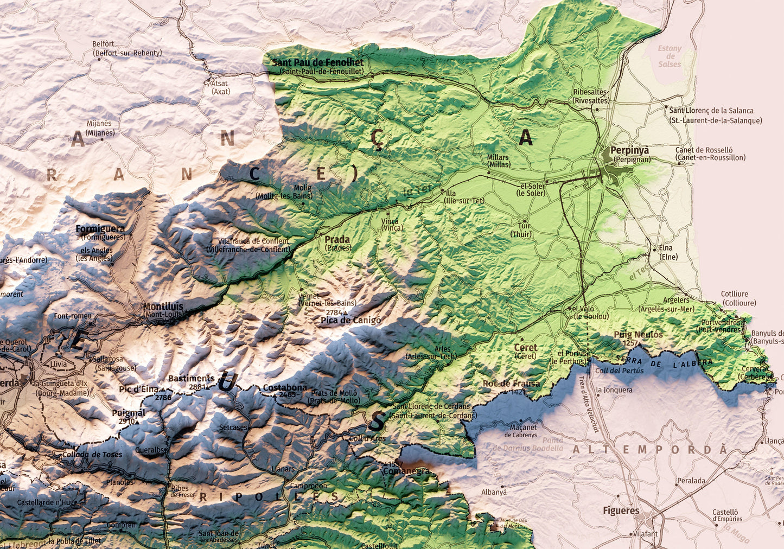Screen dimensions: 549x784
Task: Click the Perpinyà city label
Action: (629, 150)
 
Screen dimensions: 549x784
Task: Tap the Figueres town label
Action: (621, 510)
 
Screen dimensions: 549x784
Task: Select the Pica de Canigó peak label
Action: (350, 321)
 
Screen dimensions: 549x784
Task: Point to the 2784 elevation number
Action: (334, 313)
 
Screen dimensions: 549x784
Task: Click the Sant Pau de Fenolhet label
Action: (317, 62)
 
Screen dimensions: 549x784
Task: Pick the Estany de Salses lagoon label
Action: (670, 56)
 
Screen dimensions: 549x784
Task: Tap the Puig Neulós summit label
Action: (638, 335)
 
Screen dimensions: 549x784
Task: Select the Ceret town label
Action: (525, 348)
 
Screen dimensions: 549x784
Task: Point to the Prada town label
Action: (337, 239)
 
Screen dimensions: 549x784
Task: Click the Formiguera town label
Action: (100, 229)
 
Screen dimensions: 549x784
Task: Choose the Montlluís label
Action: (163, 307)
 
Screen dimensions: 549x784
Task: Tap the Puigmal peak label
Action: (128, 413)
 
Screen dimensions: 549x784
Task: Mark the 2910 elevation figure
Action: (126, 421)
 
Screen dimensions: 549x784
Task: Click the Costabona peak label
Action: (285, 388)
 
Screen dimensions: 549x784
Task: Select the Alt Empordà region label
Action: (649, 450)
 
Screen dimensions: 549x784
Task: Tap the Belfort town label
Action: (103, 44)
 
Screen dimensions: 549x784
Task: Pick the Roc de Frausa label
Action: (511, 384)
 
